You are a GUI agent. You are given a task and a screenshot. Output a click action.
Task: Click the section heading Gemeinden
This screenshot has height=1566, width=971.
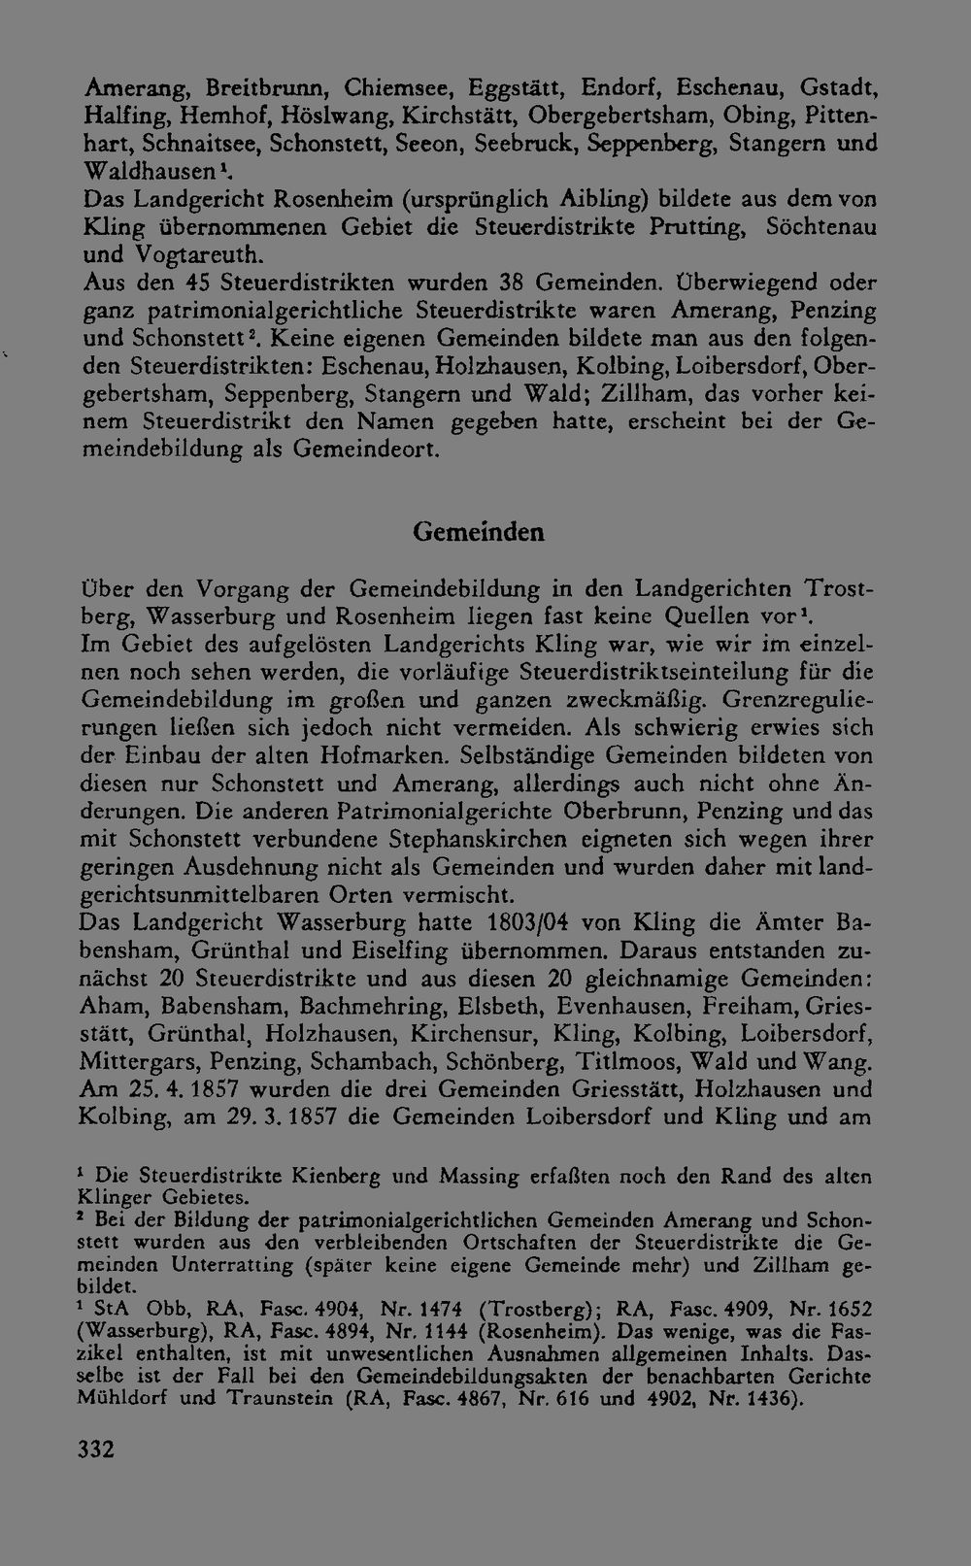(478, 532)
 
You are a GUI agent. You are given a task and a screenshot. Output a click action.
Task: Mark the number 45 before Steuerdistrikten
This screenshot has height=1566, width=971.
(198, 283)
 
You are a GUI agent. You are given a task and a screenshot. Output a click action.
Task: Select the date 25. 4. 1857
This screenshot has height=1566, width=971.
(173, 1088)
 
